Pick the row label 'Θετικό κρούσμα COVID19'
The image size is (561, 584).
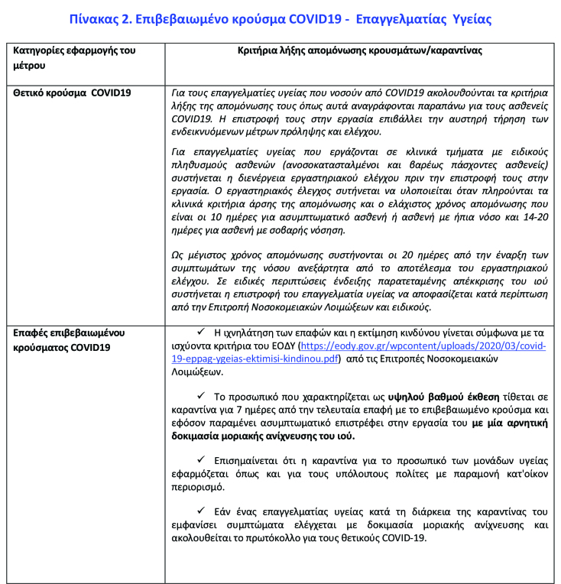[73, 92]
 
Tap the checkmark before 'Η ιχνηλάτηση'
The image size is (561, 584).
[201, 332]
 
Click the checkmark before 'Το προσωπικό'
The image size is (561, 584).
[201, 394]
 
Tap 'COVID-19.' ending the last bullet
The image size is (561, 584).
[406, 537]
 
